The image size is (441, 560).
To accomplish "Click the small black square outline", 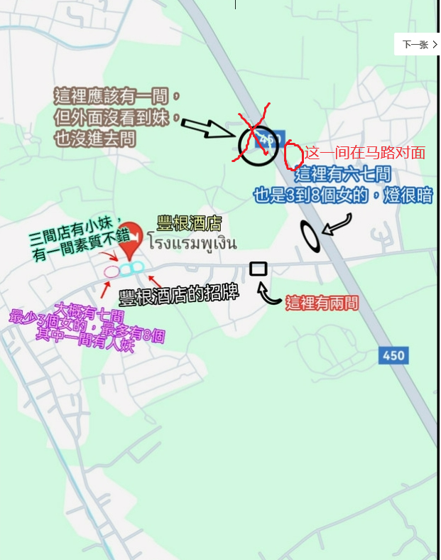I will pos(258,269).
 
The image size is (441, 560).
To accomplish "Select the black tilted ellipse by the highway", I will pos(310,237).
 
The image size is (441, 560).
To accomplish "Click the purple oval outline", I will pos(111,271).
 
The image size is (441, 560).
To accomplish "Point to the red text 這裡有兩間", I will pos(322,303).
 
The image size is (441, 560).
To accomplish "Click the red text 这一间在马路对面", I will pos(365,153).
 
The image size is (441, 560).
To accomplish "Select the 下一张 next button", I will pos(419,44).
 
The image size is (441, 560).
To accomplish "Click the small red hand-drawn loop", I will pos(293,156).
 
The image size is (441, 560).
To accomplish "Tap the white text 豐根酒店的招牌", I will pos(178,294).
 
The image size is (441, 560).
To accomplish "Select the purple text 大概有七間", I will pos(92,312).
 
